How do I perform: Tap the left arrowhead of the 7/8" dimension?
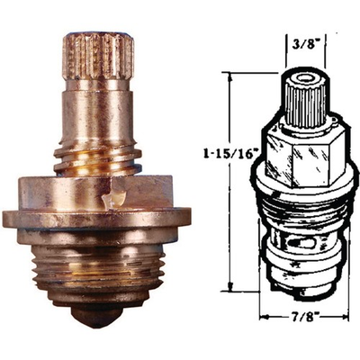click(263, 318)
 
